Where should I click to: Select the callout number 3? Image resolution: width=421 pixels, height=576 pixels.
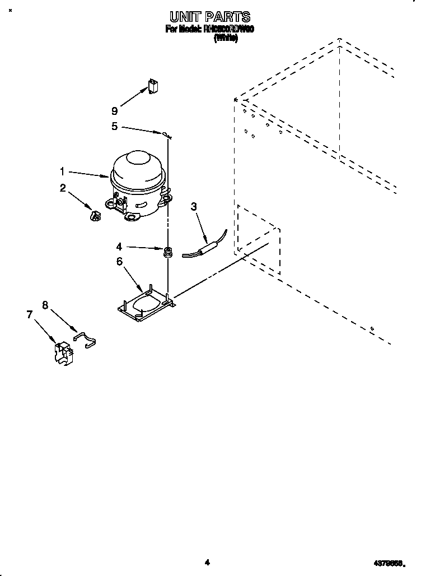click(x=194, y=207)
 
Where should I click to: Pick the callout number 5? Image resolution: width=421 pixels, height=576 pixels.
click(x=115, y=127)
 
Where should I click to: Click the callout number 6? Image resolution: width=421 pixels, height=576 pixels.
click(x=119, y=261)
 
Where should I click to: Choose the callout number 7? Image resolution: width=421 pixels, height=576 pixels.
click(x=30, y=315)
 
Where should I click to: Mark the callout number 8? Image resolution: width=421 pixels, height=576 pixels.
click(x=45, y=305)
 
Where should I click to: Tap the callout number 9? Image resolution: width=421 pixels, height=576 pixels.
click(x=115, y=111)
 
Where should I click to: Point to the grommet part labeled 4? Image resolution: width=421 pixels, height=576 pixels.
click(x=167, y=252)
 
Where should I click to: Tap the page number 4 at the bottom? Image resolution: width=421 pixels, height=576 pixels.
click(x=207, y=563)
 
